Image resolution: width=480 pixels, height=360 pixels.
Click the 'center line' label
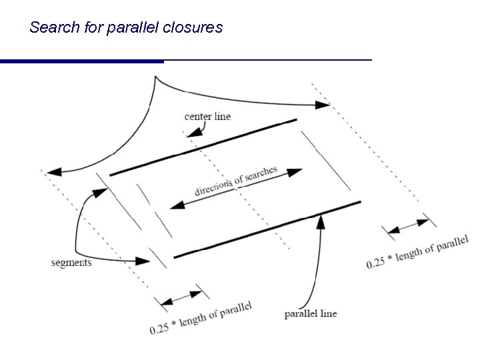coord(207,116)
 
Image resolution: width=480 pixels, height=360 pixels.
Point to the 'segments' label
coord(71,262)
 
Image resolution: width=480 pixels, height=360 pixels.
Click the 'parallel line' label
coord(310,313)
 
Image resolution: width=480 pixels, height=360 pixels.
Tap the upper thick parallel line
coord(203,147)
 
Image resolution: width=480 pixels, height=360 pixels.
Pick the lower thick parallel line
coord(267,229)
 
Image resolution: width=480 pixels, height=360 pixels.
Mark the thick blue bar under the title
coord(81,61)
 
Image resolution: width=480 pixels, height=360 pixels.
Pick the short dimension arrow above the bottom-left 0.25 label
coord(179,297)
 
